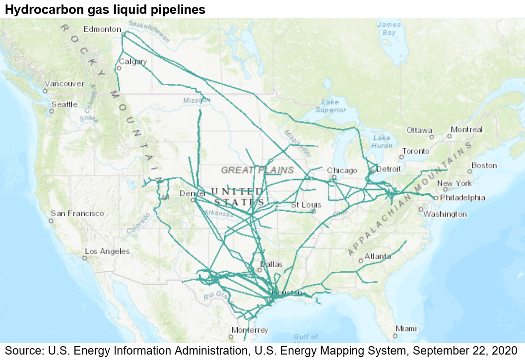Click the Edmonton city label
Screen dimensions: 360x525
click(102, 29)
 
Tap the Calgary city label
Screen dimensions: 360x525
click(133, 61)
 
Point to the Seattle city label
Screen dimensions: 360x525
click(65, 104)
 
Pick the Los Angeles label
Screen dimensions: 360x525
click(107, 251)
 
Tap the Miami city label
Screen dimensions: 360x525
click(406, 328)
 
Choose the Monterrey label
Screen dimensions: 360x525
click(250, 330)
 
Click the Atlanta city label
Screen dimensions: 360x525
click(378, 256)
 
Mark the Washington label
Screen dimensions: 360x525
click(445, 214)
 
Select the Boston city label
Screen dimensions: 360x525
click(484, 165)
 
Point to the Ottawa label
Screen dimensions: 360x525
click(419, 130)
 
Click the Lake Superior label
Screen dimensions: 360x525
click(330, 106)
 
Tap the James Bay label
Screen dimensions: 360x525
click(389, 29)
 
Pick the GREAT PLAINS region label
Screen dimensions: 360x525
click(258, 170)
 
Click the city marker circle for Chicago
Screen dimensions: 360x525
click(334, 177)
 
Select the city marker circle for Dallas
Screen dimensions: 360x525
click(259, 270)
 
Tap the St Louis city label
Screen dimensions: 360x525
click(306, 205)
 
